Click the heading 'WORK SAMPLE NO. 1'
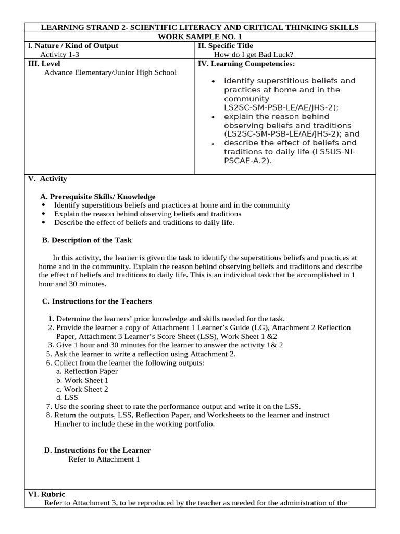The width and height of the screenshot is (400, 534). click(x=199, y=37)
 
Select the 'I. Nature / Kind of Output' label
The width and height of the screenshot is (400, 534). click(x=73, y=46)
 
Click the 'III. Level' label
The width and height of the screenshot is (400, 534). click(x=44, y=63)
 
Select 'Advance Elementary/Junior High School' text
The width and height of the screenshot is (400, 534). click(x=110, y=72)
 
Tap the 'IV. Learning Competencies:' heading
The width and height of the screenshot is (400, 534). click(x=246, y=64)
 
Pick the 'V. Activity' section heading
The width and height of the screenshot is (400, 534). click(x=47, y=179)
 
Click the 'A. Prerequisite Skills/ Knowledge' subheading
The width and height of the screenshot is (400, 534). click(x=97, y=197)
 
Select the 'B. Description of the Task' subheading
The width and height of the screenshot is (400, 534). click(x=86, y=240)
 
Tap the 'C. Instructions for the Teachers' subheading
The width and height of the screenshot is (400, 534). click(x=97, y=301)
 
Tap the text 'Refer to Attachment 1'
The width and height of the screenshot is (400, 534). click(x=104, y=459)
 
